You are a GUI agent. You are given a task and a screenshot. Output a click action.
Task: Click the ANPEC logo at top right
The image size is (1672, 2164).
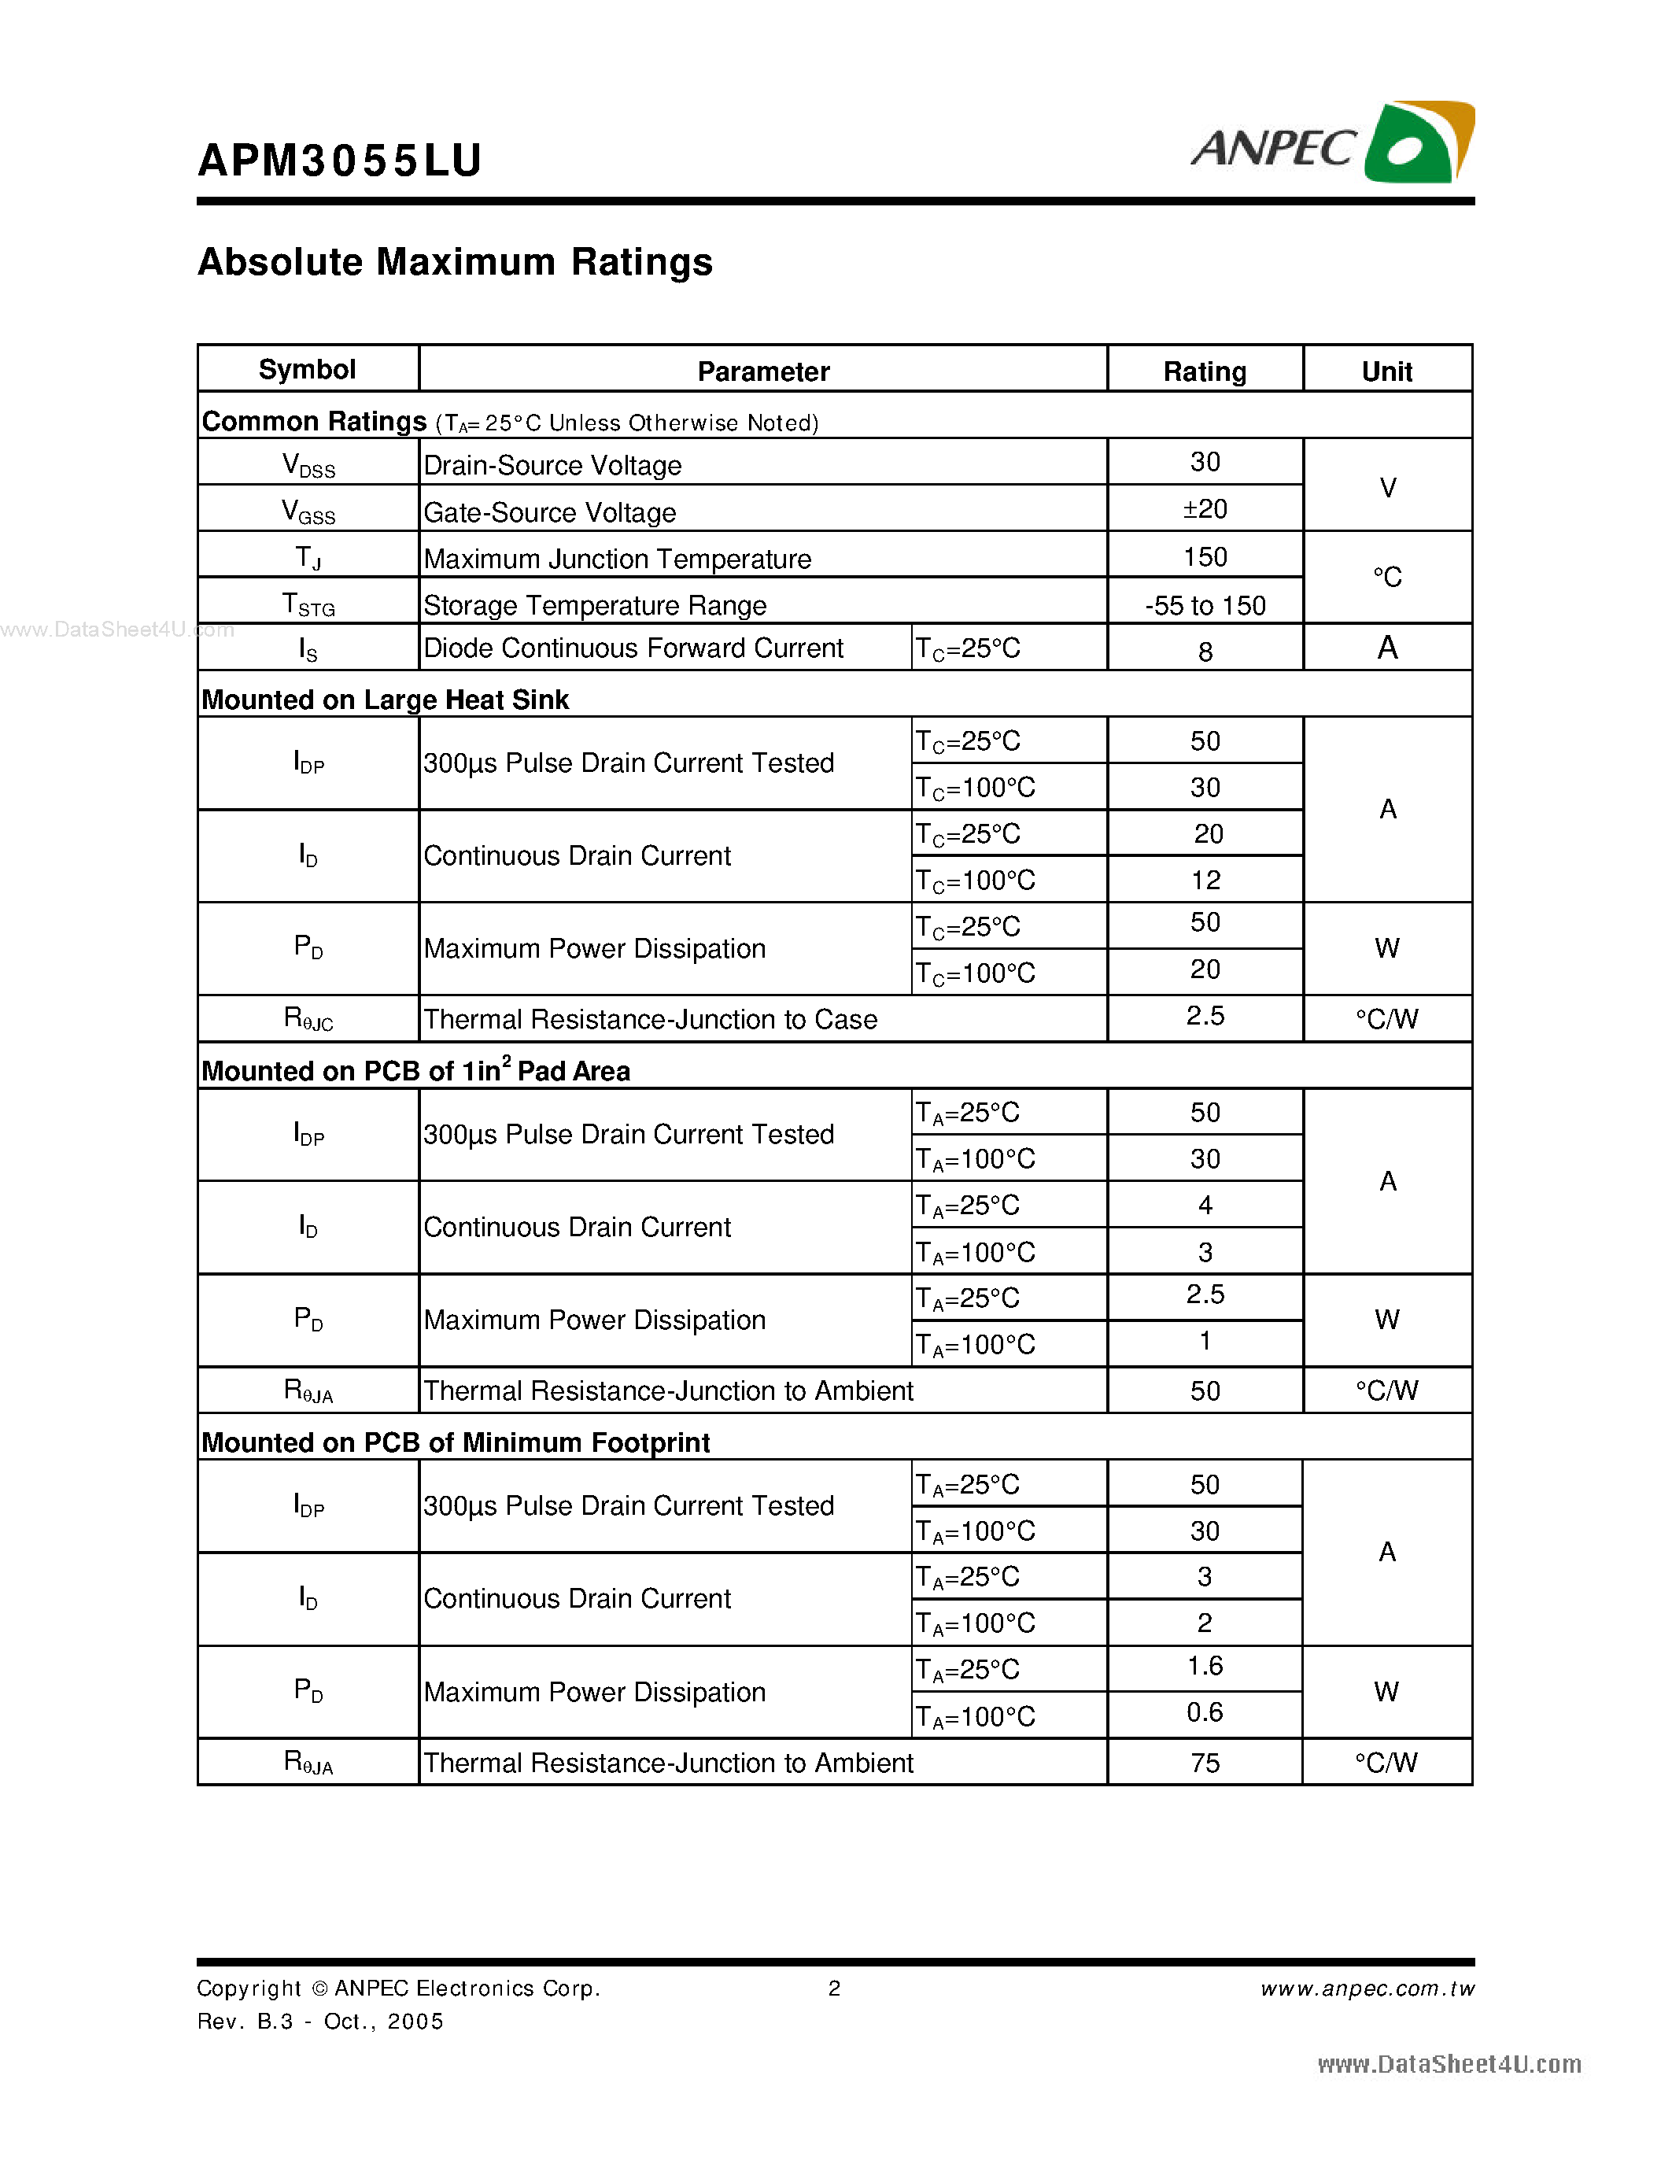(x=1332, y=144)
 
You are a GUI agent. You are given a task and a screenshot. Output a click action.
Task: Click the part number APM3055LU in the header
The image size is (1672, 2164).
(x=340, y=161)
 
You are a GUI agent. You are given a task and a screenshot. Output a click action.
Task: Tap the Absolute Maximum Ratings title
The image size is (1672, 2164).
(x=455, y=263)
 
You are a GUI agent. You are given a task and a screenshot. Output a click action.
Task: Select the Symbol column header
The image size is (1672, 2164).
(x=307, y=370)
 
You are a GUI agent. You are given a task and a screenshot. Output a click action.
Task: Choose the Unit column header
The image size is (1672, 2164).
(x=1386, y=371)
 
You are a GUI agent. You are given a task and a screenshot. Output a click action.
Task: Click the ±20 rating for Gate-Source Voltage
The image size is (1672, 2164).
(x=1205, y=509)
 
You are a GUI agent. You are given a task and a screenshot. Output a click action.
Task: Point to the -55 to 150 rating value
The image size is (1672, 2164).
(x=1205, y=605)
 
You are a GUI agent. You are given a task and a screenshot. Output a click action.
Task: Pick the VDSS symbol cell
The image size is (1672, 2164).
(x=308, y=465)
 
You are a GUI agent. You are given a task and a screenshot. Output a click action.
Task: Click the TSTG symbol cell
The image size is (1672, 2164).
(x=308, y=604)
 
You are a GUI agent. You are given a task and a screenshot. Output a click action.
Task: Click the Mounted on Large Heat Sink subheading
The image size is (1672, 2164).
(x=386, y=700)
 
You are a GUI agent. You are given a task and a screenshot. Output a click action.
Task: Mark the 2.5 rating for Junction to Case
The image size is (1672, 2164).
(x=1205, y=1016)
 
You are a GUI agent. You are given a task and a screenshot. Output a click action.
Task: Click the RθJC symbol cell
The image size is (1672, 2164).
(x=308, y=1018)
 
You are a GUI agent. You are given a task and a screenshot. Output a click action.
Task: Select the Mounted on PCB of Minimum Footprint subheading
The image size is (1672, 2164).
(x=456, y=1442)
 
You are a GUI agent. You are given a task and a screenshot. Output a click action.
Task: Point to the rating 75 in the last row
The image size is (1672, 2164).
(x=1205, y=1763)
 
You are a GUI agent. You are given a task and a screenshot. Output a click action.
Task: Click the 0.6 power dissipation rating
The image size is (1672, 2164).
(x=1205, y=1712)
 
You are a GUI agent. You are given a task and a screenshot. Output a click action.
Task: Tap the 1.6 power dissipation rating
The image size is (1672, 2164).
(x=1205, y=1667)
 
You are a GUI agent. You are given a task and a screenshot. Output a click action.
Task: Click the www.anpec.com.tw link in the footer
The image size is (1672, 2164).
(x=1367, y=1989)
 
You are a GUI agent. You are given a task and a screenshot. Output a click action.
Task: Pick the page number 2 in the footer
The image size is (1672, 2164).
(x=834, y=1989)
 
